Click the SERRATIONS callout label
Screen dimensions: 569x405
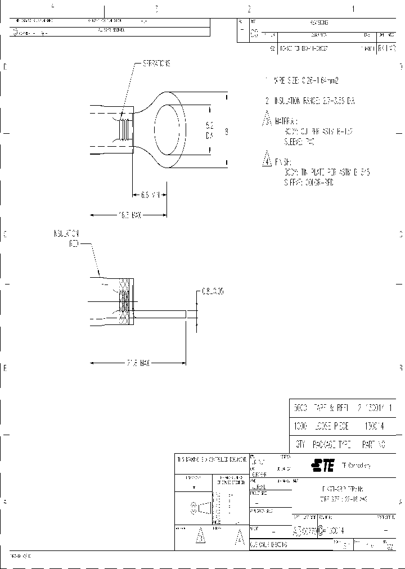pos(155,64)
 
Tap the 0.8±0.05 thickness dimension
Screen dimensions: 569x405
pos(213,292)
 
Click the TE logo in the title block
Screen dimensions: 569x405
pos(323,465)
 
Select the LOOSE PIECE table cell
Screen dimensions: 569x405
pos(330,427)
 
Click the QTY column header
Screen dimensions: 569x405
pos(300,444)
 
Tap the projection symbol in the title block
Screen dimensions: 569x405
pos(203,508)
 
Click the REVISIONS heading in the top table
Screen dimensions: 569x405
pos(319,22)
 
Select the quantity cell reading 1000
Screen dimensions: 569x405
pos(300,427)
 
